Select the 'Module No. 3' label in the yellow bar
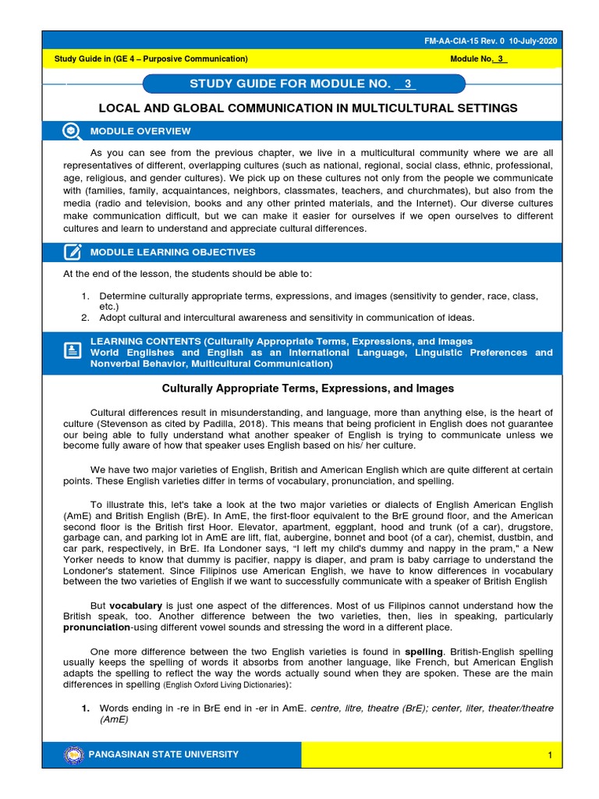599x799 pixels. tap(479, 59)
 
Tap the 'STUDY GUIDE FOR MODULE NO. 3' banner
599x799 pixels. tap(304, 84)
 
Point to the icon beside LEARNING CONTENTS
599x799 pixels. tap(72, 352)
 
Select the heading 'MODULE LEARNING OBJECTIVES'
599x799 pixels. tap(172, 252)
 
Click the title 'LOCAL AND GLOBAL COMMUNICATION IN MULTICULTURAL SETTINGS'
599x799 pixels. tap(307, 108)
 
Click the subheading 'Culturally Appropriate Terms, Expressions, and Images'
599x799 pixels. tap(307, 388)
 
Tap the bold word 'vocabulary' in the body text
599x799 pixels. tap(136, 605)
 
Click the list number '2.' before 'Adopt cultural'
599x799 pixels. tap(85, 318)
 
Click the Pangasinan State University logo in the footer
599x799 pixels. tap(73, 755)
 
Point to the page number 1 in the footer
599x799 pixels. tap(550, 755)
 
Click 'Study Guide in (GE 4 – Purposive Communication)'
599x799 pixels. tap(151, 59)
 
